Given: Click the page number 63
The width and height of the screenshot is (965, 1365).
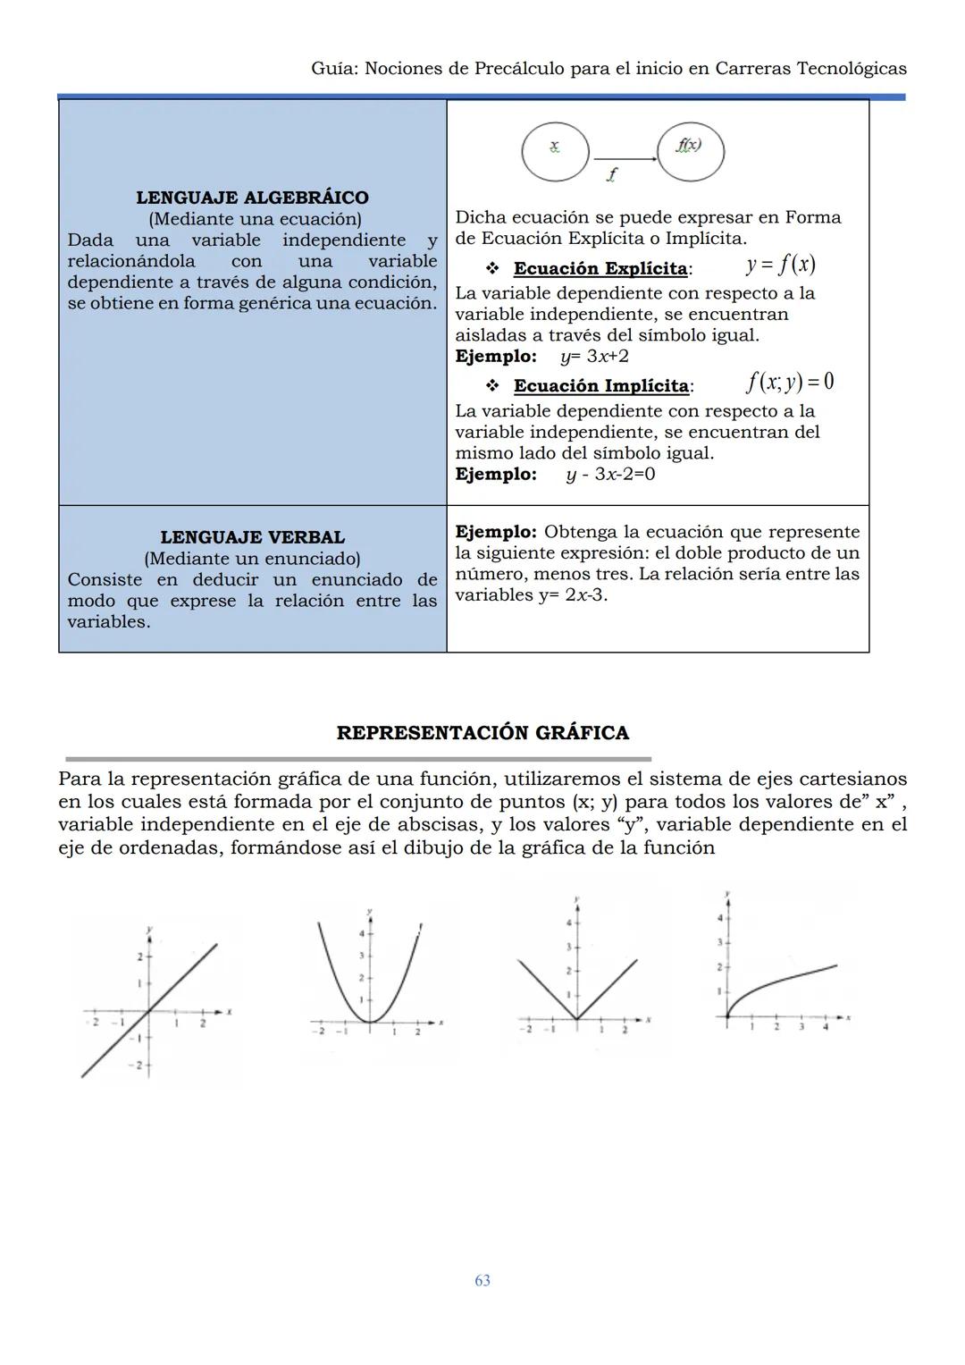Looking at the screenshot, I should (482, 1280).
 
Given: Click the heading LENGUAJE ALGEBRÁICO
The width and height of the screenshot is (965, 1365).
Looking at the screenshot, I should (252, 198).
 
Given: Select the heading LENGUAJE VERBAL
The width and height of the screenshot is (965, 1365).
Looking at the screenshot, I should (252, 537).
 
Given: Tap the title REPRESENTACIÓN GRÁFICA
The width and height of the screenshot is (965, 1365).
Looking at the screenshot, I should (482, 733).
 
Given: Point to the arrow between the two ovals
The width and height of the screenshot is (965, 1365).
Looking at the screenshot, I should (623, 158).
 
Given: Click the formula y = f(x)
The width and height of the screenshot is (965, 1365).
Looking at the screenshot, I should (780, 265).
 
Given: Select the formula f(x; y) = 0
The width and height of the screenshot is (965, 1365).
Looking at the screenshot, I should (789, 383).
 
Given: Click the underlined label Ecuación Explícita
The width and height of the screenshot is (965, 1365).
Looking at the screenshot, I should (600, 268).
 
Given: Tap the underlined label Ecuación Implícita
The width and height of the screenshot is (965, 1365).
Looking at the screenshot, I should (601, 386).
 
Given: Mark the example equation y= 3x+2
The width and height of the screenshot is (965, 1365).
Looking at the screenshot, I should (594, 357).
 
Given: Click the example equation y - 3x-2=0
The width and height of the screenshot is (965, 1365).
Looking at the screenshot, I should (610, 474).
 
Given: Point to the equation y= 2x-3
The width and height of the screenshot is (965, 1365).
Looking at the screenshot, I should (572, 595).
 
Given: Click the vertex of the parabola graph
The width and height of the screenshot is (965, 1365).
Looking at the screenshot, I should (369, 1022).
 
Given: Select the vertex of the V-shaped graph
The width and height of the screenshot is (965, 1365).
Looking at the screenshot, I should (577, 1018).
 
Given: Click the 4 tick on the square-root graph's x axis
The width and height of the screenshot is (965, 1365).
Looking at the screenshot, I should (825, 1018).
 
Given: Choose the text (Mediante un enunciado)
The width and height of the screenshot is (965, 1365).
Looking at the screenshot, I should (252, 559).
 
